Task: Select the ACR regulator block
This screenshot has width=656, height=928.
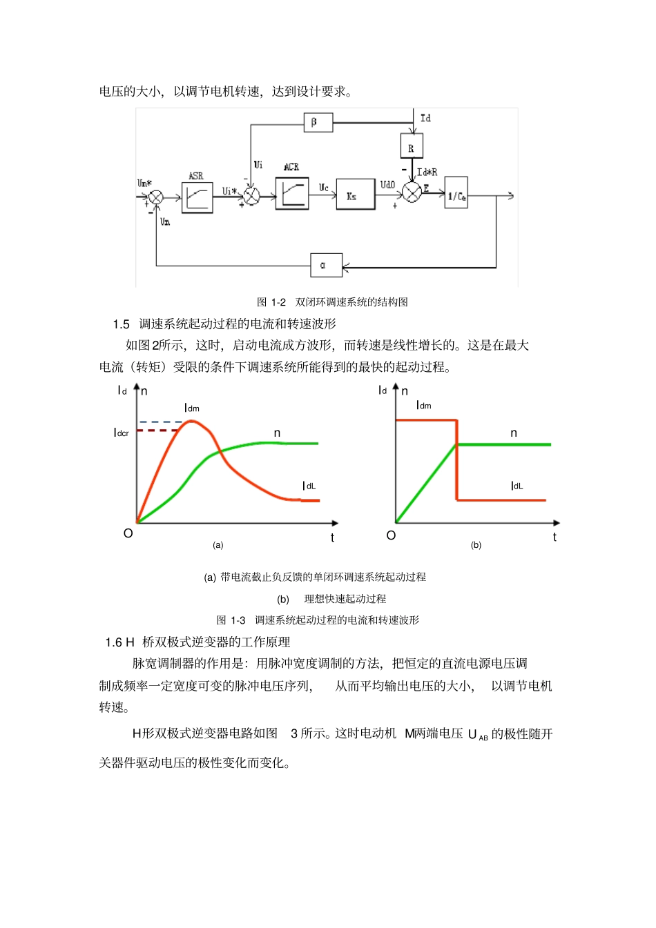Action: (292, 192)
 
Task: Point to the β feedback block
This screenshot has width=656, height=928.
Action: (318, 123)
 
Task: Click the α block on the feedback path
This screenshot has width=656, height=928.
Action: (326, 265)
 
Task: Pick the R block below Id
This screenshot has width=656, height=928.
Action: (411, 146)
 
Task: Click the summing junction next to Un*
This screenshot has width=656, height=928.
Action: (156, 197)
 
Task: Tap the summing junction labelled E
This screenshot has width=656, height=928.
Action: (412, 192)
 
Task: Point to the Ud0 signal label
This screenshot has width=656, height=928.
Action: (387, 184)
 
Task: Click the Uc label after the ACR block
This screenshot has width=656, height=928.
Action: (323, 187)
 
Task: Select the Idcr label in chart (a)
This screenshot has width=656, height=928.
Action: (121, 433)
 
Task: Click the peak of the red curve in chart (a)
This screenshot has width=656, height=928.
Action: (192, 420)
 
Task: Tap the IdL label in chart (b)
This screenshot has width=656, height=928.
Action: (517, 486)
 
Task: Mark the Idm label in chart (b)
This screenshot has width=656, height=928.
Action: (423, 405)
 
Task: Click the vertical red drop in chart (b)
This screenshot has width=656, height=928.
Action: (456, 461)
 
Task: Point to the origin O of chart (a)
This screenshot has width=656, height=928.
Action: (128, 533)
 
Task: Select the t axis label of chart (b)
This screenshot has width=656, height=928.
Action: (554, 537)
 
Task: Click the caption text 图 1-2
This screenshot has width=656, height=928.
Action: (271, 302)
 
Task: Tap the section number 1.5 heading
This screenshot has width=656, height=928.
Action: (121, 324)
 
